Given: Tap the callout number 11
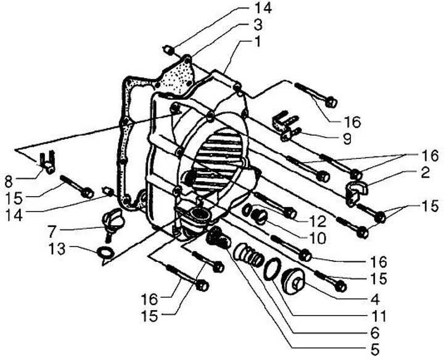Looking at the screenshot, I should coord(378,317).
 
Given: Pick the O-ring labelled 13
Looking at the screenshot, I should coord(105,252).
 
